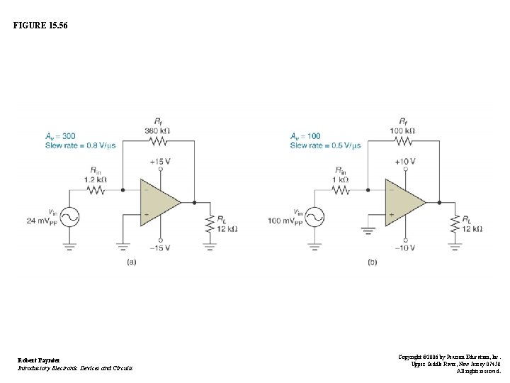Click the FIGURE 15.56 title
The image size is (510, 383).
point(41,26)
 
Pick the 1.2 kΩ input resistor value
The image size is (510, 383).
point(95,179)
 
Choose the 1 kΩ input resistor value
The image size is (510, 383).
point(341,179)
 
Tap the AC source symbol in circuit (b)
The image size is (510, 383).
point(314,216)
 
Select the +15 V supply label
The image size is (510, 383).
point(160,162)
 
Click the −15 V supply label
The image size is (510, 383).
point(160,248)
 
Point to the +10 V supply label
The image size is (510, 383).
point(405,162)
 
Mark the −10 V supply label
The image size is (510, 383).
point(405,248)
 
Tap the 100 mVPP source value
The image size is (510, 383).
point(285,221)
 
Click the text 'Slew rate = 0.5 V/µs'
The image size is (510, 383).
point(325,145)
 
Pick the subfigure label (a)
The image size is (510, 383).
point(131,262)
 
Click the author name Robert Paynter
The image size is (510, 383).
point(38,360)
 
